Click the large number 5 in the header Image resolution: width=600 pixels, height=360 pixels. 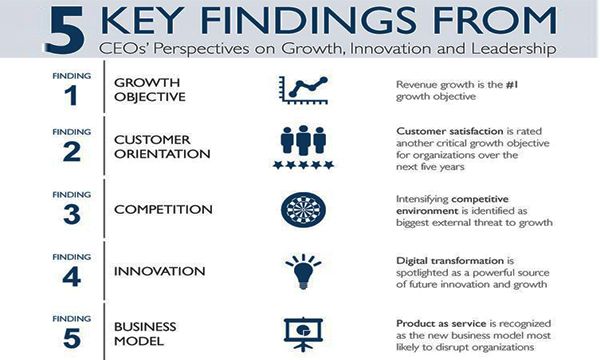(x=65, y=30)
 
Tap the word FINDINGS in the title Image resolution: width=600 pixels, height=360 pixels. (x=308, y=21)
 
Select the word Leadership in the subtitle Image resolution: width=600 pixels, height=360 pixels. (x=514, y=49)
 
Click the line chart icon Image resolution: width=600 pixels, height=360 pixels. (x=303, y=90)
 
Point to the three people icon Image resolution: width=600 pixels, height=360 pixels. (x=303, y=140)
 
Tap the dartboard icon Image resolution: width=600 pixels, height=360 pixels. (x=303, y=210)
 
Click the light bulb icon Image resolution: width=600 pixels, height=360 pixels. (x=303, y=271)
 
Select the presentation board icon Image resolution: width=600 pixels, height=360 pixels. (x=303, y=334)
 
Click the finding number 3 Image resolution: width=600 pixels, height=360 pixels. (x=72, y=214)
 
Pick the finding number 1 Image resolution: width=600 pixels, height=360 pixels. (x=71, y=96)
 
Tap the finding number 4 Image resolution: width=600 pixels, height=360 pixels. (x=72, y=277)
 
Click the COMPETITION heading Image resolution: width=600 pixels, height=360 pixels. (x=163, y=210)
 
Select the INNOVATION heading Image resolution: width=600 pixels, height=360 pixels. (x=160, y=271)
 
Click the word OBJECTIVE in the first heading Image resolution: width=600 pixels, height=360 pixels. (x=150, y=97)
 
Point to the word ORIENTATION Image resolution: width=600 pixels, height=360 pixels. (x=162, y=154)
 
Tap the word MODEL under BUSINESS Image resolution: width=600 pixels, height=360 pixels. (x=139, y=341)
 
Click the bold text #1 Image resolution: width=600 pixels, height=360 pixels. (x=512, y=85)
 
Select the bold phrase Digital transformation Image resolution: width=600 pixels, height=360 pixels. (x=450, y=261)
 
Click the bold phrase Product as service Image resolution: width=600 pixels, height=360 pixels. (x=441, y=324)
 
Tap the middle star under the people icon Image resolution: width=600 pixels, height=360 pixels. (x=303, y=165)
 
